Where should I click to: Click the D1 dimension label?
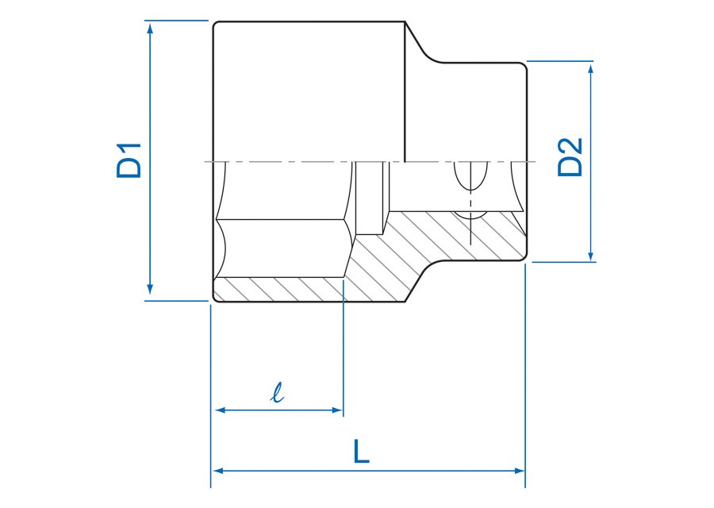coord(129,160)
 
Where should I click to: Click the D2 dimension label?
coord(570,156)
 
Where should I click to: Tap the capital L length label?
coord(361,451)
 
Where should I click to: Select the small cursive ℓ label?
coord(277,393)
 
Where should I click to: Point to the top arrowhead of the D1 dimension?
coord(150,28)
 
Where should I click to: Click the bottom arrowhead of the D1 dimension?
coord(150,289)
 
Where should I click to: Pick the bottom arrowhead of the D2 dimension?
coord(590,256)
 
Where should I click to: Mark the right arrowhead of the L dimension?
coord(519,471)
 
